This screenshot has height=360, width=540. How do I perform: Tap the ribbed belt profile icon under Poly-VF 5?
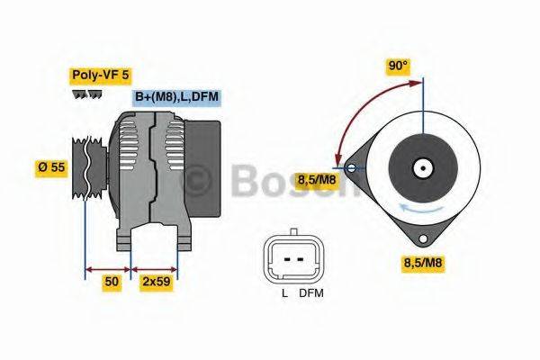tap(87, 94)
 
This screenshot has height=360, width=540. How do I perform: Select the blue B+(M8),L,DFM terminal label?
tap(175, 97)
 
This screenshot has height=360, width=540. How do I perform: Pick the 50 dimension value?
tap(112, 282)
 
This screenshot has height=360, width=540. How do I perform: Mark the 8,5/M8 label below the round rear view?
tap(423, 263)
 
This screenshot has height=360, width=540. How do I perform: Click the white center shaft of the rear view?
tap(421, 167)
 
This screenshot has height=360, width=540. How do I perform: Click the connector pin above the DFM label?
tap(298, 258)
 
